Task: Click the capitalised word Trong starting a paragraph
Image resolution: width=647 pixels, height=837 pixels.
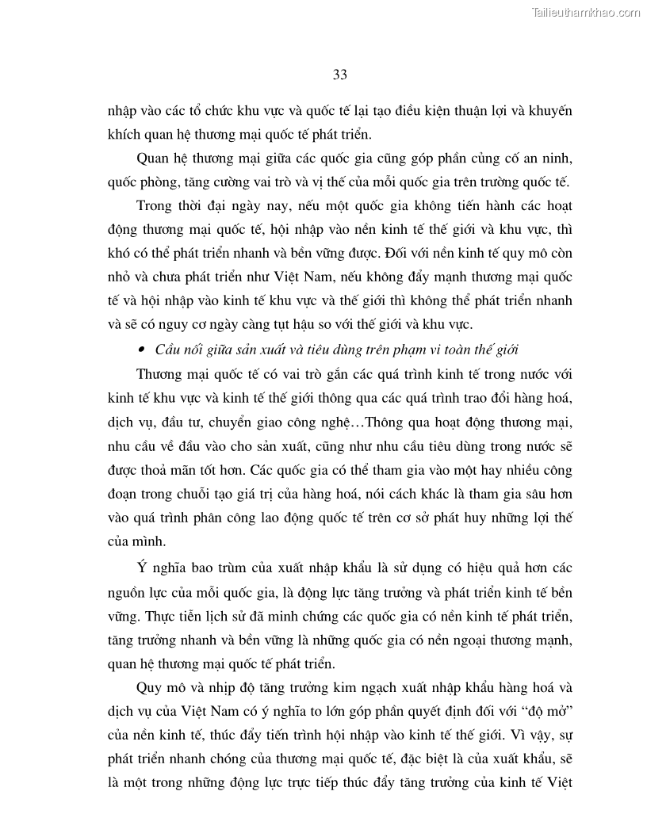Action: coord(155,208)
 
